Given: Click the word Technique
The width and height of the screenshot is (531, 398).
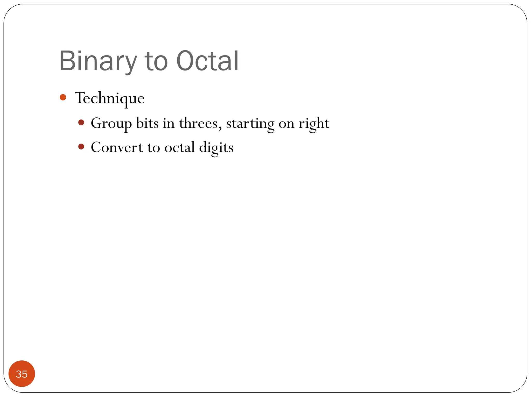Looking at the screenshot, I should coord(109,98).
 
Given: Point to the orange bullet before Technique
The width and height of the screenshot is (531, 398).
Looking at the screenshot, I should coord(63,97).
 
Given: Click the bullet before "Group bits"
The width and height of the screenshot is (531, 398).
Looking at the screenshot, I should coord(81,122).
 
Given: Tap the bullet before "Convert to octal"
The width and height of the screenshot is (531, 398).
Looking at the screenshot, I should coord(81,147).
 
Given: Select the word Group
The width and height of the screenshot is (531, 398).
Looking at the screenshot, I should coord(111,123).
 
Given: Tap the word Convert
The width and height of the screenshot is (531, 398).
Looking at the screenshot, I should coord(117,147).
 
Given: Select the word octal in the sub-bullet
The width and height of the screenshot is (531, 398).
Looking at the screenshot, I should coord(179,147).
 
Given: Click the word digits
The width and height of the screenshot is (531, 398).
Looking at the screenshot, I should coord(216,148).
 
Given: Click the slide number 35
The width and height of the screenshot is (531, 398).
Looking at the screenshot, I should coord(22,374).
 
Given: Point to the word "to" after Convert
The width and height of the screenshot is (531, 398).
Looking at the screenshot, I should coord(153,148).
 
